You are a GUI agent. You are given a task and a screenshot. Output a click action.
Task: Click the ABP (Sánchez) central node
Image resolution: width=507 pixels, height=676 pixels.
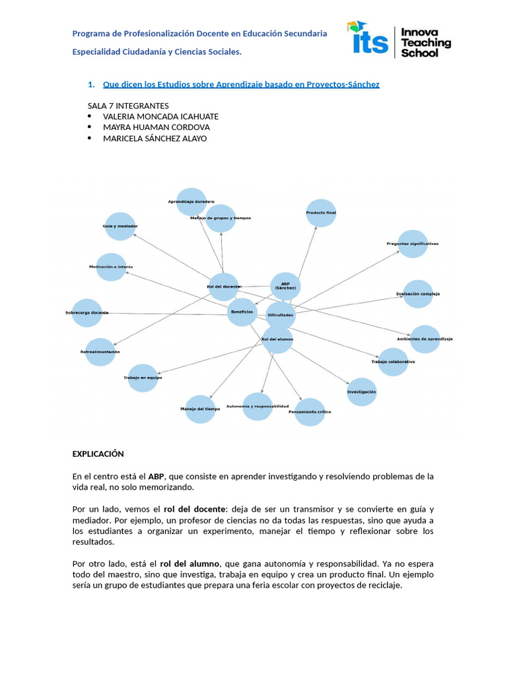click(x=286, y=286)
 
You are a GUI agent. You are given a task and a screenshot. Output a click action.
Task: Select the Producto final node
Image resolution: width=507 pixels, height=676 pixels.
click(x=321, y=213)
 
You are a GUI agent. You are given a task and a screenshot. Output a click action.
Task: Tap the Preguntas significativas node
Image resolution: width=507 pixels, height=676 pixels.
click(x=413, y=244)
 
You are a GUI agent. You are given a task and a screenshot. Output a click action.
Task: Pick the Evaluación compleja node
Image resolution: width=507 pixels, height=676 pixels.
click(x=418, y=294)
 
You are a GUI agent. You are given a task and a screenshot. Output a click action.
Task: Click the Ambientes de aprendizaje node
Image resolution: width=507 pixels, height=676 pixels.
click(x=424, y=339)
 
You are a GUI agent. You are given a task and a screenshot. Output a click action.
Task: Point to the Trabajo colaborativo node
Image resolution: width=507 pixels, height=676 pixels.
click(x=393, y=362)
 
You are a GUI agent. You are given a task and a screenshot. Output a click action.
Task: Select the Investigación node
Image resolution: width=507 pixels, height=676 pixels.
click(x=362, y=391)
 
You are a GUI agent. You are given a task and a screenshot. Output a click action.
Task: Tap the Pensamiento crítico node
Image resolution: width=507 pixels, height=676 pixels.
click(x=310, y=412)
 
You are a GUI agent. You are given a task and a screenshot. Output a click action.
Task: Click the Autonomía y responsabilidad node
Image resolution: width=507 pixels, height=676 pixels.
click(x=257, y=406)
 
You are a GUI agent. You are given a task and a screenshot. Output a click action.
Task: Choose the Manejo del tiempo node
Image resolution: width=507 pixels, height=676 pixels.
click(x=200, y=409)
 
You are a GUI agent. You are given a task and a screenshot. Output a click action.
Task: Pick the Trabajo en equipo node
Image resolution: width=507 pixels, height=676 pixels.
click(x=143, y=378)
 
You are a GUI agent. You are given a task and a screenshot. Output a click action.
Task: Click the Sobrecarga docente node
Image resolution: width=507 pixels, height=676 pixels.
click(x=86, y=312)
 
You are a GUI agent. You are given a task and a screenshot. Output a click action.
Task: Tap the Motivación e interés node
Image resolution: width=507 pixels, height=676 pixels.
click(x=111, y=267)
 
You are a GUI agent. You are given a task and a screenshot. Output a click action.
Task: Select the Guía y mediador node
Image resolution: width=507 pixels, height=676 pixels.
click(x=120, y=226)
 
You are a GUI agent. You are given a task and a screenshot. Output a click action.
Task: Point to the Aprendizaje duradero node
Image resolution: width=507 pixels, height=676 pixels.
click(x=191, y=201)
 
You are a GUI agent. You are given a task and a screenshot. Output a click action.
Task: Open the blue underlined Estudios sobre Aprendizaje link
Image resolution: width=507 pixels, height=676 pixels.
click(x=241, y=84)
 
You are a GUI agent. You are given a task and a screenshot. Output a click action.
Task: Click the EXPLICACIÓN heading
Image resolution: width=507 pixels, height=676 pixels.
click(x=98, y=454)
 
